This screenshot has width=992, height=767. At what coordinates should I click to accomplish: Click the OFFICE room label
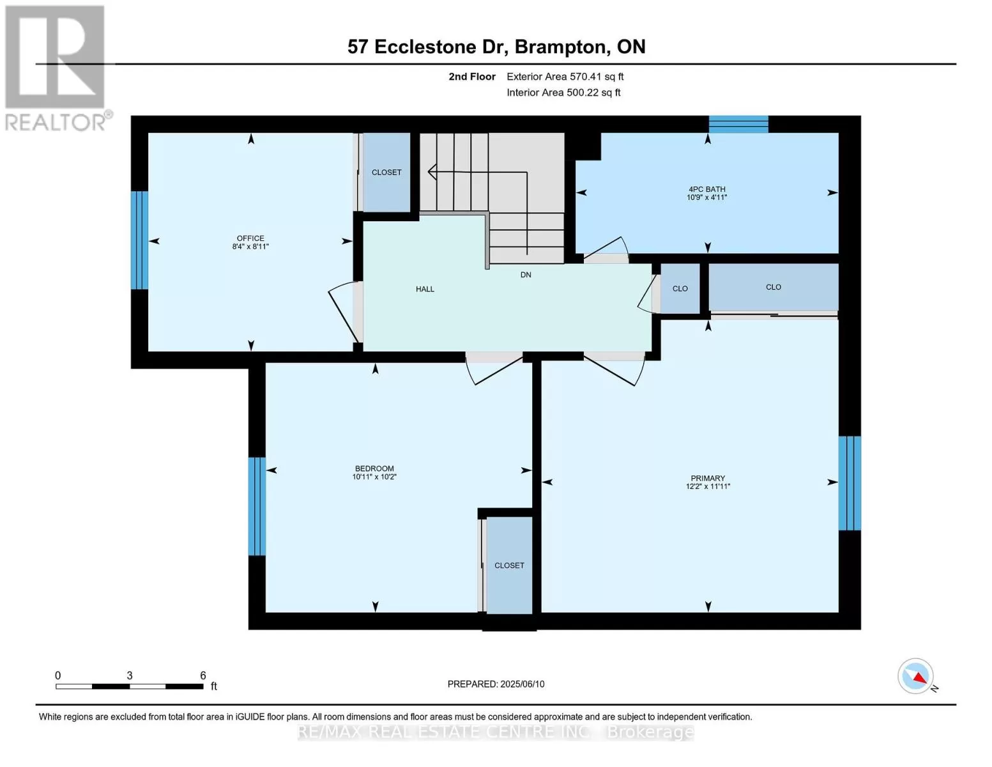(250, 238)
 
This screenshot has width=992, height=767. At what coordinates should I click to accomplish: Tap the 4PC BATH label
(706, 189)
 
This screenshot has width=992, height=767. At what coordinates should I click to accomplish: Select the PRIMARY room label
(708, 478)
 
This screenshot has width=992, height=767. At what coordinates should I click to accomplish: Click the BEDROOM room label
(374, 469)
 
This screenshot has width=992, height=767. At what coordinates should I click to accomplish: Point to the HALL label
(425, 289)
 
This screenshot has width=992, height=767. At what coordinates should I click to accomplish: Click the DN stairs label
(526, 275)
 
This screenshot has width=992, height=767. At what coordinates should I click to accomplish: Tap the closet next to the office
(386, 172)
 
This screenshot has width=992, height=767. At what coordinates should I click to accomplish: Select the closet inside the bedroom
(509, 565)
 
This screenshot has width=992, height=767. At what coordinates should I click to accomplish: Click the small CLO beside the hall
(680, 289)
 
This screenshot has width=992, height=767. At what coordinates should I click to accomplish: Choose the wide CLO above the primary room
(774, 287)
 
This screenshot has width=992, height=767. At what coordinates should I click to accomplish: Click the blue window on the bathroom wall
(738, 124)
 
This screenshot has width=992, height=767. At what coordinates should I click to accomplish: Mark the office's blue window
(139, 240)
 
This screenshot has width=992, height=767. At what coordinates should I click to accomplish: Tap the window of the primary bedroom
(850, 483)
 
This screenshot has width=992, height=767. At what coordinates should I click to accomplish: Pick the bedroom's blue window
(257, 506)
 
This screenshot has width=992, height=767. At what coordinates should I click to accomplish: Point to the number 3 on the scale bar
(130, 675)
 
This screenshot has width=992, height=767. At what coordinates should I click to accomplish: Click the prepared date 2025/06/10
(523, 684)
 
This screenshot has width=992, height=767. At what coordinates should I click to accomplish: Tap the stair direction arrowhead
(432, 172)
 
